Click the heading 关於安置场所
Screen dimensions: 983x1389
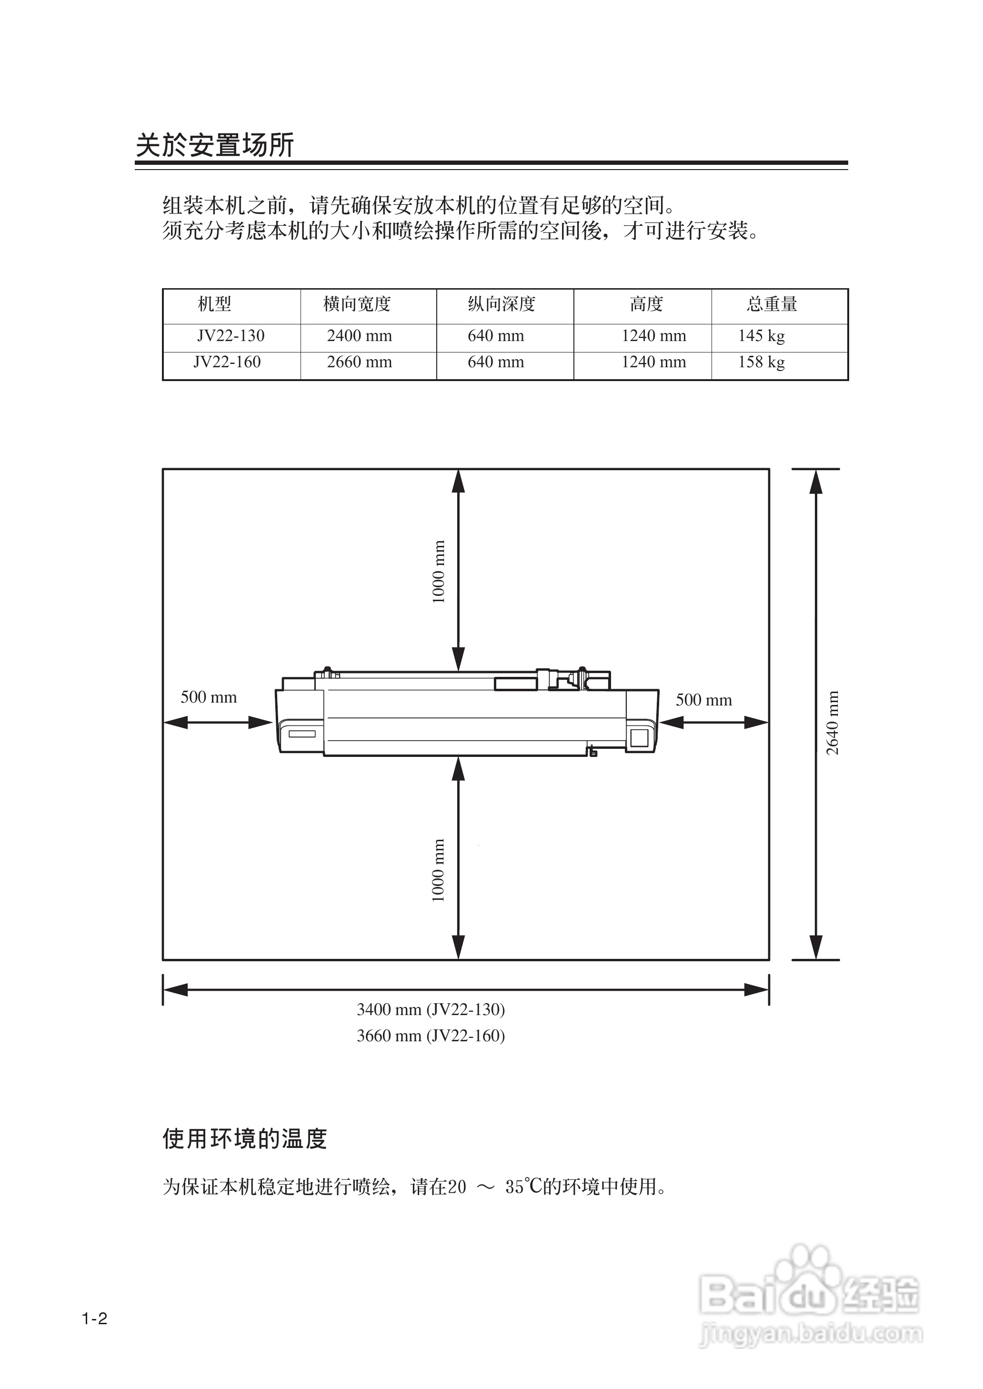(x=215, y=145)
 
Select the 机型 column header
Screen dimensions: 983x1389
(x=215, y=304)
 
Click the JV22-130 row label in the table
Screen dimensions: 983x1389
(x=231, y=336)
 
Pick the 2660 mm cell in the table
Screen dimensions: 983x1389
(x=360, y=362)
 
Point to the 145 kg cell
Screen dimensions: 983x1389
(x=762, y=336)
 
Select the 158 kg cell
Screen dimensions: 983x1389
(x=762, y=362)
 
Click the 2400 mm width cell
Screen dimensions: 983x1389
(x=360, y=336)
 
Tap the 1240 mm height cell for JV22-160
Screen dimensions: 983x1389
(x=654, y=362)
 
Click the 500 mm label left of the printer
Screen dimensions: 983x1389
(x=209, y=697)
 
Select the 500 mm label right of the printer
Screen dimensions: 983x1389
(x=704, y=700)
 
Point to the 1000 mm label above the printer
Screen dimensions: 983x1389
(x=439, y=572)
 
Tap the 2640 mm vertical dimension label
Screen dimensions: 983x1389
(x=833, y=723)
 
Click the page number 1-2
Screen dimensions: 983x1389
(x=95, y=1319)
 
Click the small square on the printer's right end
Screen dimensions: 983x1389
(x=639, y=738)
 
